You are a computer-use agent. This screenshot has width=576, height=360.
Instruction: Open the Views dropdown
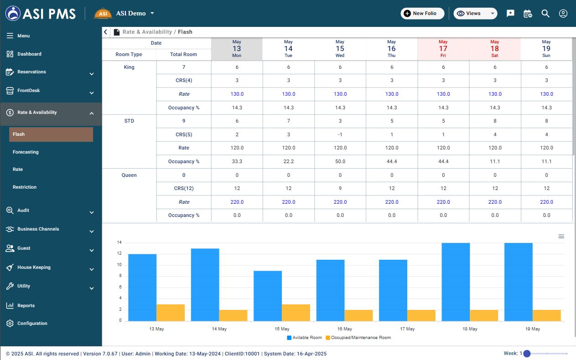[475, 14]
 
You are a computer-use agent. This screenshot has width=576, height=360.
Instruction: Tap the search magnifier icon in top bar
[545, 14]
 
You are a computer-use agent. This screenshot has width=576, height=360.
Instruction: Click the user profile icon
[563, 14]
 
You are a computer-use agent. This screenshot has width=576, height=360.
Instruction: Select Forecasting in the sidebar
[26, 152]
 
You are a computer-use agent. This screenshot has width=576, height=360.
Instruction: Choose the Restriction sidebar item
[25, 187]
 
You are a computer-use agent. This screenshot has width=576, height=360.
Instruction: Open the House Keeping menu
[34, 267]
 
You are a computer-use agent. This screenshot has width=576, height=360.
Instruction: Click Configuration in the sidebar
[32, 324]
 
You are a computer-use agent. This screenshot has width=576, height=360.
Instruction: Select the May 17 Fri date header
[443, 49]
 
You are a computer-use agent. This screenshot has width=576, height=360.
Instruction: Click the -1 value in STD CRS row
[340, 134]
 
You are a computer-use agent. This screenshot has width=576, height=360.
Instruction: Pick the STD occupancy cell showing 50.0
[340, 162]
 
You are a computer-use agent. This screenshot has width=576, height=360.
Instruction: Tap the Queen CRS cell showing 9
[340, 189]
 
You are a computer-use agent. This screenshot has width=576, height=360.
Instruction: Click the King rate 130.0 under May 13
[237, 94]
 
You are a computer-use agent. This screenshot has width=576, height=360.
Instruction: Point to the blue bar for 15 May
[268, 296]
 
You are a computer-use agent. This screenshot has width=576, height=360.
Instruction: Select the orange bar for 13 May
[171, 313]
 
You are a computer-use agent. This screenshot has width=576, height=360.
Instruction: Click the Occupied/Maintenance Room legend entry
[358, 338]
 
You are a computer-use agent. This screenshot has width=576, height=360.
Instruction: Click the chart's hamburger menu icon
[561, 237]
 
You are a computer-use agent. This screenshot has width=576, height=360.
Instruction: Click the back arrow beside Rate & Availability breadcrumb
[106, 32]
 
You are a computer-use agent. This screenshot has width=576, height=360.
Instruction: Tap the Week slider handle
[527, 354]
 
